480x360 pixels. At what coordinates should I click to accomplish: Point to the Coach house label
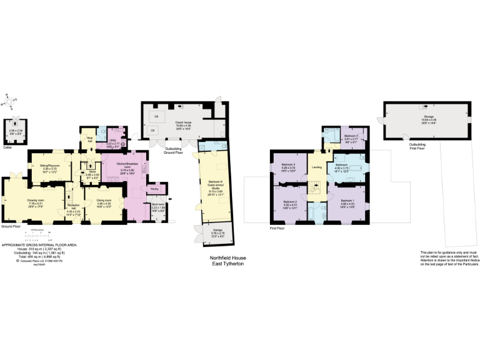[183, 123]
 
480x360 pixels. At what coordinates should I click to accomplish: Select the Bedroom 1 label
[348, 202]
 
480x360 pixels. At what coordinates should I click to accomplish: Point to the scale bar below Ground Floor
[34, 236]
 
